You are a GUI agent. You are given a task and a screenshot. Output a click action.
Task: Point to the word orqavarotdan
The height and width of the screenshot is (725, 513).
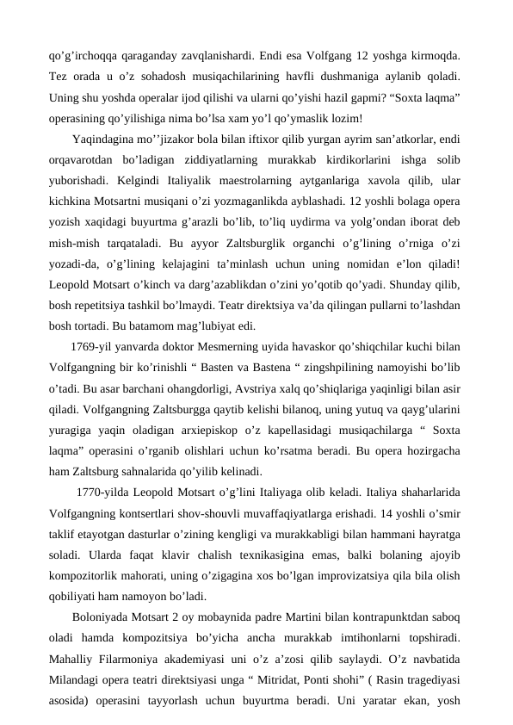[85, 161]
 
